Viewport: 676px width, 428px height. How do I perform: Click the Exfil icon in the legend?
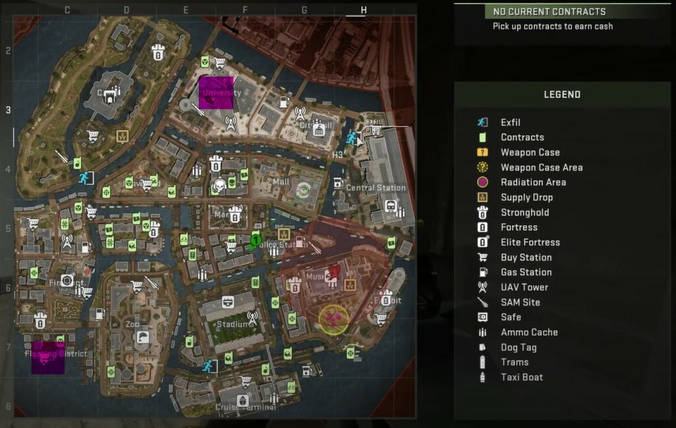click(x=483, y=122)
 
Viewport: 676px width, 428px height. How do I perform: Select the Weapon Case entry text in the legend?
click(x=530, y=153)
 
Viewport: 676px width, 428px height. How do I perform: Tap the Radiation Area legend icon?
click(x=483, y=182)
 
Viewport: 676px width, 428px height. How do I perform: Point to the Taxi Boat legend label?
click(x=522, y=377)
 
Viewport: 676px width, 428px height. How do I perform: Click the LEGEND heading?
click(x=562, y=94)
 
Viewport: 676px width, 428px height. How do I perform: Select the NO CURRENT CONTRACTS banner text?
click(x=549, y=12)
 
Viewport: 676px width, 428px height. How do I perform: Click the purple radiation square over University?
click(x=216, y=92)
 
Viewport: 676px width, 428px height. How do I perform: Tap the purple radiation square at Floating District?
click(x=48, y=357)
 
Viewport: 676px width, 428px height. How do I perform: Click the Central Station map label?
click(x=376, y=188)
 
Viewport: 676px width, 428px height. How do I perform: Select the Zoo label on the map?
click(x=133, y=324)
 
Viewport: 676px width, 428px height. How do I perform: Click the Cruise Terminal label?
click(x=245, y=408)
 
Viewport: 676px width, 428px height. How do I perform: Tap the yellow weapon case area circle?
click(x=334, y=320)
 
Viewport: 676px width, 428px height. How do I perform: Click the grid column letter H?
click(x=363, y=10)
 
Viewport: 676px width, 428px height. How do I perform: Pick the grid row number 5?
click(x=8, y=229)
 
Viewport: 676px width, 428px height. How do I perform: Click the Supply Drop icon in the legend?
click(x=483, y=197)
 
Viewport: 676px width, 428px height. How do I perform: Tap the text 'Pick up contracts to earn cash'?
click(x=553, y=27)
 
